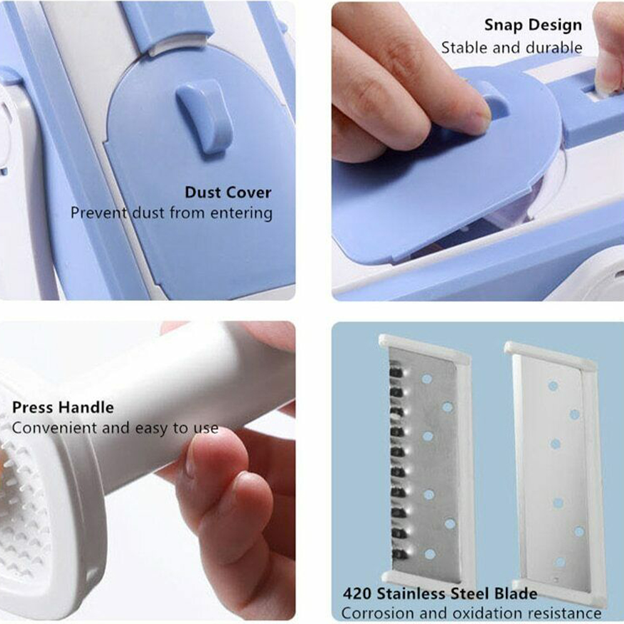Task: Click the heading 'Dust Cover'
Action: coord(228,193)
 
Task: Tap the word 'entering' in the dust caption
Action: coord(241,213)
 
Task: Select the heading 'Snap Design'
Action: coord(534,26)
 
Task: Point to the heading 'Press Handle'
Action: coord(63,407)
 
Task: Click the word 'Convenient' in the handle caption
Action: coord(54,428)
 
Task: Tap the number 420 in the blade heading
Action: coord(357,594)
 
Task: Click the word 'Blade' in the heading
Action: coord(516,594)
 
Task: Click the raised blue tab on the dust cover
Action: coord(205,115)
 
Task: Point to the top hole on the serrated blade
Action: coord(427,379)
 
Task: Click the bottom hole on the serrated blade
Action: coord(430,553)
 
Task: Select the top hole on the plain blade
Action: coord(553,386)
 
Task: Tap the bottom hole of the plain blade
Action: coord(560,562)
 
